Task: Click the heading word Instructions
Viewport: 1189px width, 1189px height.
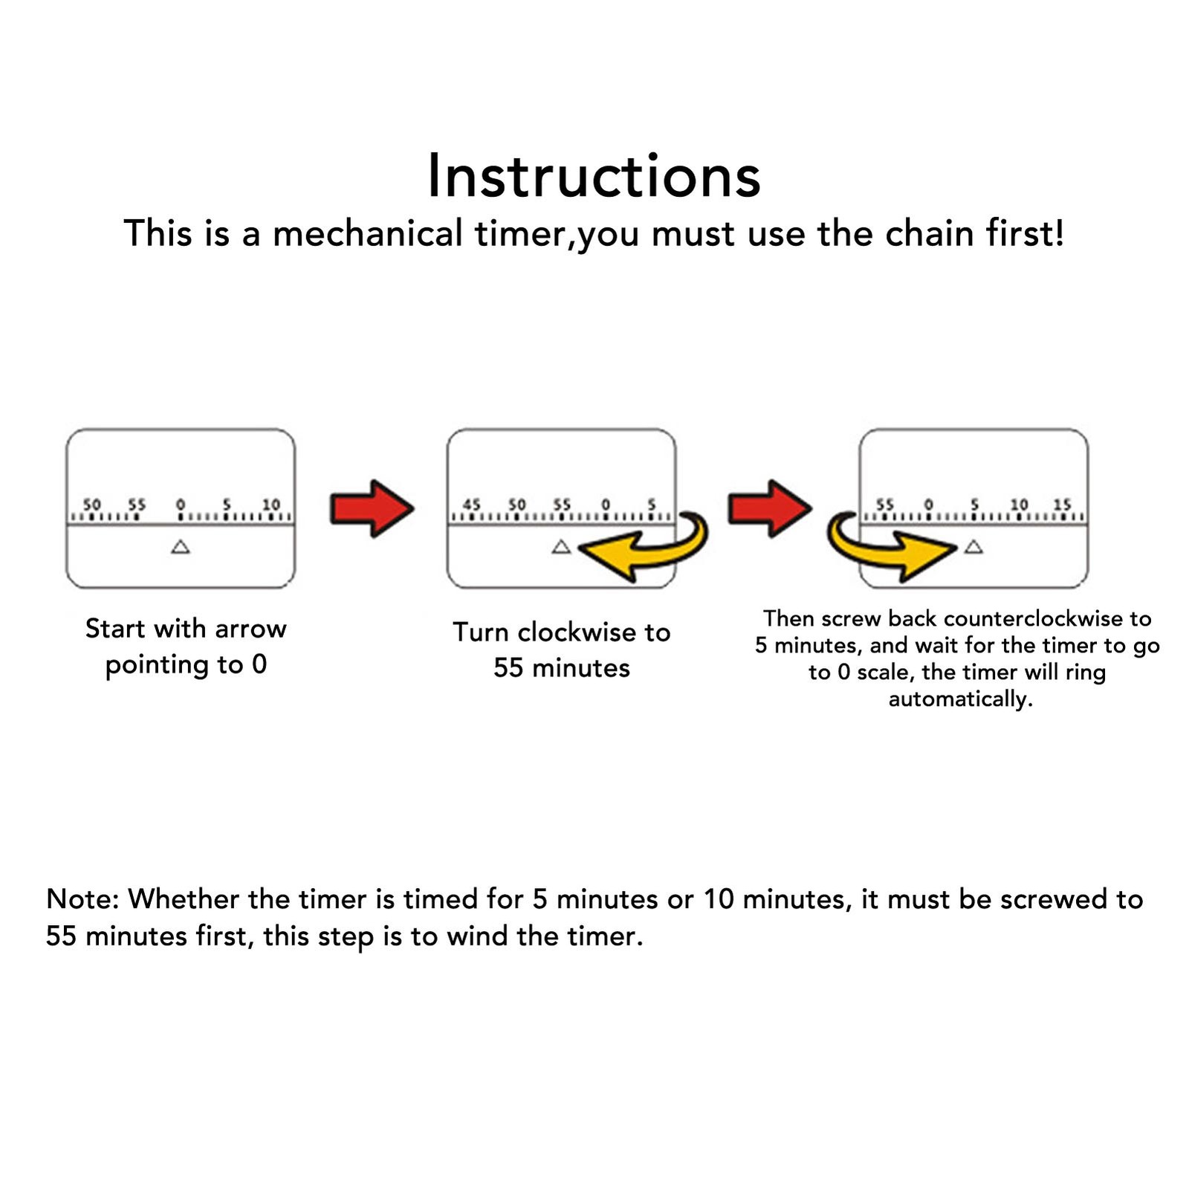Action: (x=594, y=176)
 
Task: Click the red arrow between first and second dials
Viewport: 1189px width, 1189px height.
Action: (x=372, y=508)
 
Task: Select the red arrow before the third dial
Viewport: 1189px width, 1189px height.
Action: (x=769, y=508)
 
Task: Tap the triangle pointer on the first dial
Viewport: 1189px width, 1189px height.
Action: (x=181, y=548)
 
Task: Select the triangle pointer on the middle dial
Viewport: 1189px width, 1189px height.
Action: (x=561, y=548)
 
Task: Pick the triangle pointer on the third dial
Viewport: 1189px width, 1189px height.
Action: (x=973, y=548)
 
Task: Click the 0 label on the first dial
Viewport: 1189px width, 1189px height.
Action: (x=181, y=505)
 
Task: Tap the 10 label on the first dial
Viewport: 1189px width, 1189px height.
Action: (x=271, y=505)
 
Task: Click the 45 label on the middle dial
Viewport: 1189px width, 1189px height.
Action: (x=472, y=505)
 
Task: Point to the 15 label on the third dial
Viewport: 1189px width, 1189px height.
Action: (x=1063, y=505)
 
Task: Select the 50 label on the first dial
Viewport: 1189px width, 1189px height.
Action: (x=91, y=505)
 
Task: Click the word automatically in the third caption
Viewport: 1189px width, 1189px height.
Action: (x=960, y=699)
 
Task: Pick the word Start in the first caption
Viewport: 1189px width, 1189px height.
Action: (x=115, y=629)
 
